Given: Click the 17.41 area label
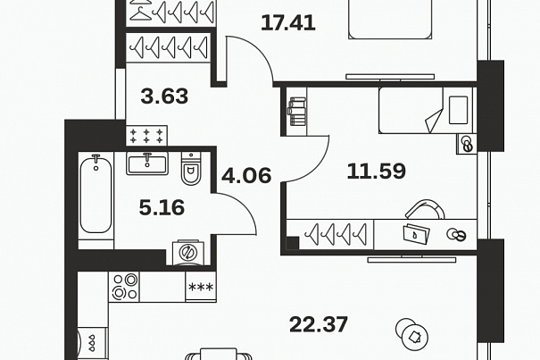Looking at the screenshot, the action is tap(288, 23).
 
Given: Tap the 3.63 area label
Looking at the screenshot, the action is tap(164, 96).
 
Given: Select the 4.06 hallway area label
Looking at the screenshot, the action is tap(246, 175).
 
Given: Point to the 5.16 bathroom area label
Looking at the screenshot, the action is tap(162, 207).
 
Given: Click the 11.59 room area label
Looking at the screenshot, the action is tap(377, 172).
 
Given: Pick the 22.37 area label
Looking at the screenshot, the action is tap(319, 325).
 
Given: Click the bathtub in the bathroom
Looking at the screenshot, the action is tap(96, 195).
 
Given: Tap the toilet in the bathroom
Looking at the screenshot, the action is tap(191, 168).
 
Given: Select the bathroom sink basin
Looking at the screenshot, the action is tap(147, 163).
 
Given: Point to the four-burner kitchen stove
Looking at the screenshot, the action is tap(124, 287).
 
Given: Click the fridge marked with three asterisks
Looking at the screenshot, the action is tap(201, 287).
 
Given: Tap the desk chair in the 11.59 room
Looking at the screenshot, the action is tap(426, 209).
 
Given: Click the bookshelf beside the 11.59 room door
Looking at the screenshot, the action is tap(296, 112).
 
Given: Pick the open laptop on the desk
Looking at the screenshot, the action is tap(416, 234).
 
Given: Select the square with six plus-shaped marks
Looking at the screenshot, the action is tap(146, 136).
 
